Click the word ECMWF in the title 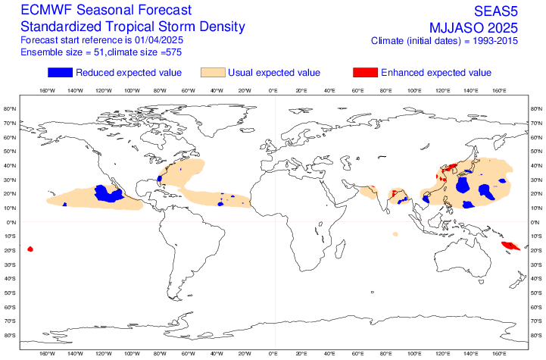click(x=47, y=10)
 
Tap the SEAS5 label click(x=496, y=11)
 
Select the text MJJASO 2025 click(x=473, y=27)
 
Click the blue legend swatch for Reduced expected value click(x=61, y=73)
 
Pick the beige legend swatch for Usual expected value click(x=213, y=73)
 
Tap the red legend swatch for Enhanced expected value click(x=365, y=73)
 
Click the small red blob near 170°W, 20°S click(x=30, y=249)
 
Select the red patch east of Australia click(x=510, y=246)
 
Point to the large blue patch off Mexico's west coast click(x=108, y=194)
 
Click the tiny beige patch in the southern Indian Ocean click(x=395, y=234)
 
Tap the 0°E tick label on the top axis click(x=273, y=91)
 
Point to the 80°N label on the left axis click(x=10, y=108)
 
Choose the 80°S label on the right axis click(x=536, y=335)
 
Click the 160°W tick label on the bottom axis click(x=47, y=354)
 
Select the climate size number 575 click(x=173, y=52)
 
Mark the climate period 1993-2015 click(x=495, y=41)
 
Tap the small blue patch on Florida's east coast click(x=160, y=179)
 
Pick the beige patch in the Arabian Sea click(x=369, y=192)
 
